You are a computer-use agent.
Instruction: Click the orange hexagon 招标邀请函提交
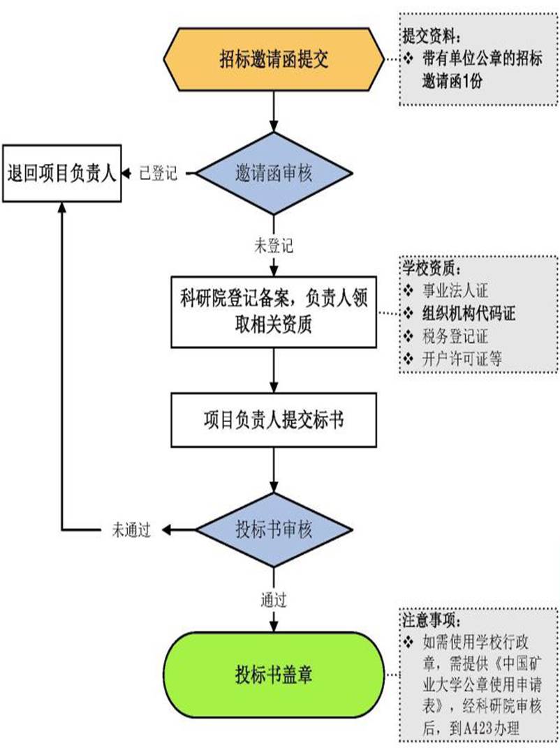click(x=273, y=59)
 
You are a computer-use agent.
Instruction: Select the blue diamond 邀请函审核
click(x=273, y=174)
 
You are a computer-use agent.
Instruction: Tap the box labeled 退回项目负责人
click(x=61, y=173)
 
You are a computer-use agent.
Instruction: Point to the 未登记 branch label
click(x=273, y=246)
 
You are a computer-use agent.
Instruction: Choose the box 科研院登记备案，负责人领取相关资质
click(x=273, y=310)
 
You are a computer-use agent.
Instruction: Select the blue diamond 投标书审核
click(x=273, y=530)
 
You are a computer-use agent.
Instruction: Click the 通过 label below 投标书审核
click(x=273, y=598)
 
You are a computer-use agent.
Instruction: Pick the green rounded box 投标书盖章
click(x=273, y=675)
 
